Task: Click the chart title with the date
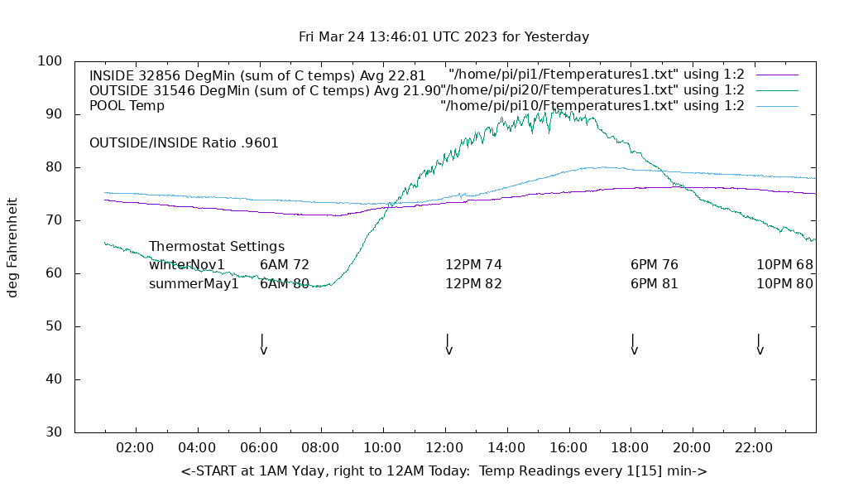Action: (x=444, y=37)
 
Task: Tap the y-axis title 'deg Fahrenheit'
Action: (x=12, y=247)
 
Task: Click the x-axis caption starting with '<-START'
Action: (x=444, y=471)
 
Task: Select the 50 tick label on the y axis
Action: (x=55, y=326)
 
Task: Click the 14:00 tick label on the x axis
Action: (x=506, y=448)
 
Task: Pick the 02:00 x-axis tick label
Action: (x=135, y=448)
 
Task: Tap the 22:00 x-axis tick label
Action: (x=754, y=448)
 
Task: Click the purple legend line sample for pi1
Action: (x=777, y=75)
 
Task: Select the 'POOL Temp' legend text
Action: (x=127, y=106)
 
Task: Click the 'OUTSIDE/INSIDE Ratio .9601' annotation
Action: (x=184, y=142)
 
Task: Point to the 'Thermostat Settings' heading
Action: (x=217, y=247)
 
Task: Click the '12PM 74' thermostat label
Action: (x=473, y=265)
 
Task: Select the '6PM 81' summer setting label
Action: (x=654, y=284)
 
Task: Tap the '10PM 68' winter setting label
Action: (x=784, y=265)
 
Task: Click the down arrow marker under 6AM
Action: (x=263, y=345)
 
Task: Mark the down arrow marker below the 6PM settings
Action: (x=634, y=345)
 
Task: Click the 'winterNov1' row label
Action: (x=187, y=265)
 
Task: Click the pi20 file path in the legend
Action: (x=592, y=89)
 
